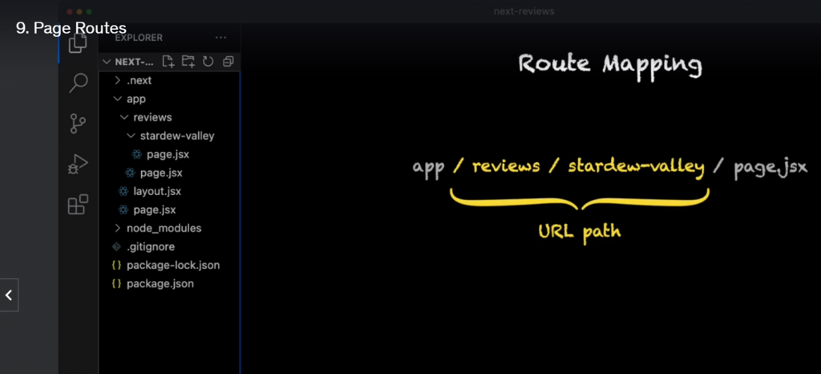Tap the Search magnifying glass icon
[x=78, y=82]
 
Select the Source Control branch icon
[x=78, y=124]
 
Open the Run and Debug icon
[x=78, y=164]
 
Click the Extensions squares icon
[x=78, y=205]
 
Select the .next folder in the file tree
[x=139, y=80]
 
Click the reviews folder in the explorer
[x=152, y=117]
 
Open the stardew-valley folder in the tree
[x=176, y=136]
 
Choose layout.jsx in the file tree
[x=157, y=191]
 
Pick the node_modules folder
[x=164, y=228]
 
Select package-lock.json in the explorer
[x=173, y=265]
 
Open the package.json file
[x=160, y=283]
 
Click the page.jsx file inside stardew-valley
[x=168, y=154]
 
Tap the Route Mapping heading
[x=610, y=64]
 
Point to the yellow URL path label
[x=580, y=232]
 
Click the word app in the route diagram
[x=428, y=167]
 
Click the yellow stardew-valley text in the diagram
[x=636, y=167]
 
